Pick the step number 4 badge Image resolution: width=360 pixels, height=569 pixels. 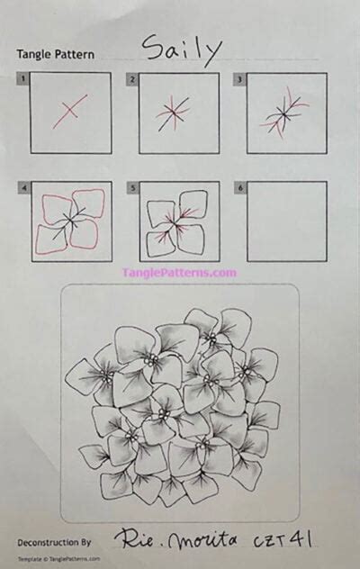[22, 187]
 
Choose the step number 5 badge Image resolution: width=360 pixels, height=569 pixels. [132, 187]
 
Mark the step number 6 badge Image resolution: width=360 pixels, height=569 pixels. [240, 187]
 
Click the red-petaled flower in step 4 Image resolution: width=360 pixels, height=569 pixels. [70, 221]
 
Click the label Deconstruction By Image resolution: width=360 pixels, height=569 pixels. [54, 542]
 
